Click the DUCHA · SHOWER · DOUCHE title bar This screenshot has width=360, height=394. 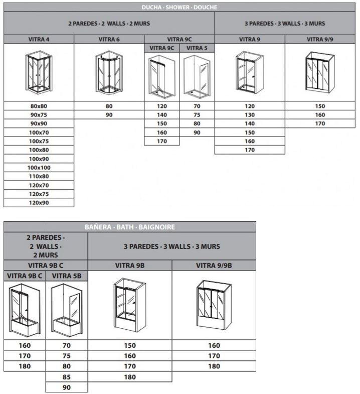pos(180,7)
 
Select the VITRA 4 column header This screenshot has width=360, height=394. pos(39,39)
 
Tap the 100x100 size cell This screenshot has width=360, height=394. pos(39,167)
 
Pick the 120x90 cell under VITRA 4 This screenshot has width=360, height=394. pos(39,202)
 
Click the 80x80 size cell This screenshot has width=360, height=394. pos(39,106)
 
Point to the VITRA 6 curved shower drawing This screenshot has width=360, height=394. pos(109,73)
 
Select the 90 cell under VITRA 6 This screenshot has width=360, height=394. pos(109,115)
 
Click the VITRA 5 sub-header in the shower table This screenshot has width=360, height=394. pos(197,48)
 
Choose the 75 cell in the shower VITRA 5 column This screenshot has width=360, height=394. pos(197,115)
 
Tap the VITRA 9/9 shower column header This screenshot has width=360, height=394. pos(320,39)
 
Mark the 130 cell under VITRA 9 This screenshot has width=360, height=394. pos(250,115)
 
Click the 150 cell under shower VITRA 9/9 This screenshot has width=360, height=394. pos(320,106)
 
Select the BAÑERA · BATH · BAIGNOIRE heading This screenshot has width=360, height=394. pos(130,227)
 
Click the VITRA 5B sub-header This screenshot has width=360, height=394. pos(66,276)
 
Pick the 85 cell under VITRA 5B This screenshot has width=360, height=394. pos(66,377)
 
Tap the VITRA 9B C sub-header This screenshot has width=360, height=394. pos(25,276)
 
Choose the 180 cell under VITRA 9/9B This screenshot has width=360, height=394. pos(214,366)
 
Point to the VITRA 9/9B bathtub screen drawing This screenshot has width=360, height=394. pos(214,304)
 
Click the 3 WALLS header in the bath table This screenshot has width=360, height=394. pos(171,246)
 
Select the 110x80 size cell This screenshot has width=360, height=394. pos(39,176)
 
